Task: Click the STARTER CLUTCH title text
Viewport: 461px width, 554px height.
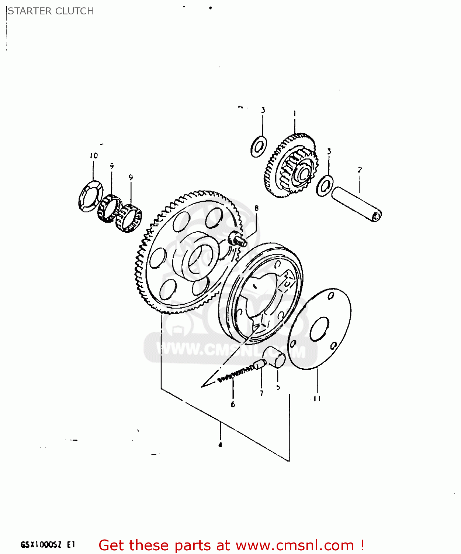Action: pos(51,11)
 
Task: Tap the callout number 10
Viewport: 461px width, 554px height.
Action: pos(94,156)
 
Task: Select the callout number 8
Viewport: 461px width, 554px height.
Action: pos(256,208)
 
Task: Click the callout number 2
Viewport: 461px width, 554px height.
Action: pos(360,170)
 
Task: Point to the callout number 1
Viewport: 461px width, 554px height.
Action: pos(294,114)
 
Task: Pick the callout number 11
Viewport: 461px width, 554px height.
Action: pos(317,399)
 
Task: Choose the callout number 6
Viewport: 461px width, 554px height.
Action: pos(233,404)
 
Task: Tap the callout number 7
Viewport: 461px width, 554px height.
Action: pos(261,394)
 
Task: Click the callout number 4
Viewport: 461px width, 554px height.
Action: pos(220,445)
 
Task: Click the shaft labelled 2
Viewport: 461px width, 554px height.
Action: pos(357,204)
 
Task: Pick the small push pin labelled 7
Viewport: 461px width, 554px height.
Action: pos(260,365)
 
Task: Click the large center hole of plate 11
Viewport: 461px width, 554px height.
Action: pos(319,329)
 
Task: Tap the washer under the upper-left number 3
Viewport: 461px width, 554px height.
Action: pos(259,146)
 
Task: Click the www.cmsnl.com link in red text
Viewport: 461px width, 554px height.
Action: pos(295,545)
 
